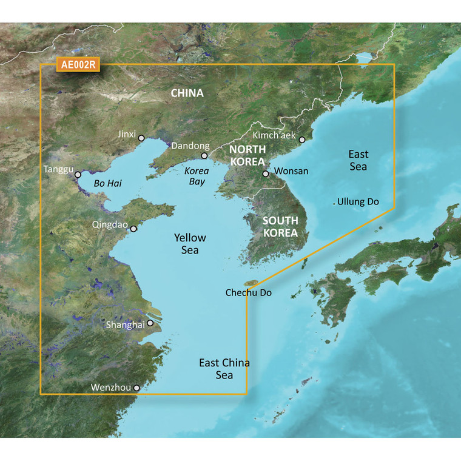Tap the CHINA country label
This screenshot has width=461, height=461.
[187, 93]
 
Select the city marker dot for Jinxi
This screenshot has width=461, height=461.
[141, 138]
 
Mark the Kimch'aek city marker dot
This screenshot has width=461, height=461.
[301, 139]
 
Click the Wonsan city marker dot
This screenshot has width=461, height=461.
[265, 174]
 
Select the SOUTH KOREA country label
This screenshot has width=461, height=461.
[280, 226]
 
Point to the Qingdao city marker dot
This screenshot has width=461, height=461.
[133, 229]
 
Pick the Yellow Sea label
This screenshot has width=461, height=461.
[190, 244]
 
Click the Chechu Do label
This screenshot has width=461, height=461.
[248, 293]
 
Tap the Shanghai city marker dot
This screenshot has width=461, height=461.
[150, 324]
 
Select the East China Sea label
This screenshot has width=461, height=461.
[224, 369]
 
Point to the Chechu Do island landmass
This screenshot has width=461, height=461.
[251, 283]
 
